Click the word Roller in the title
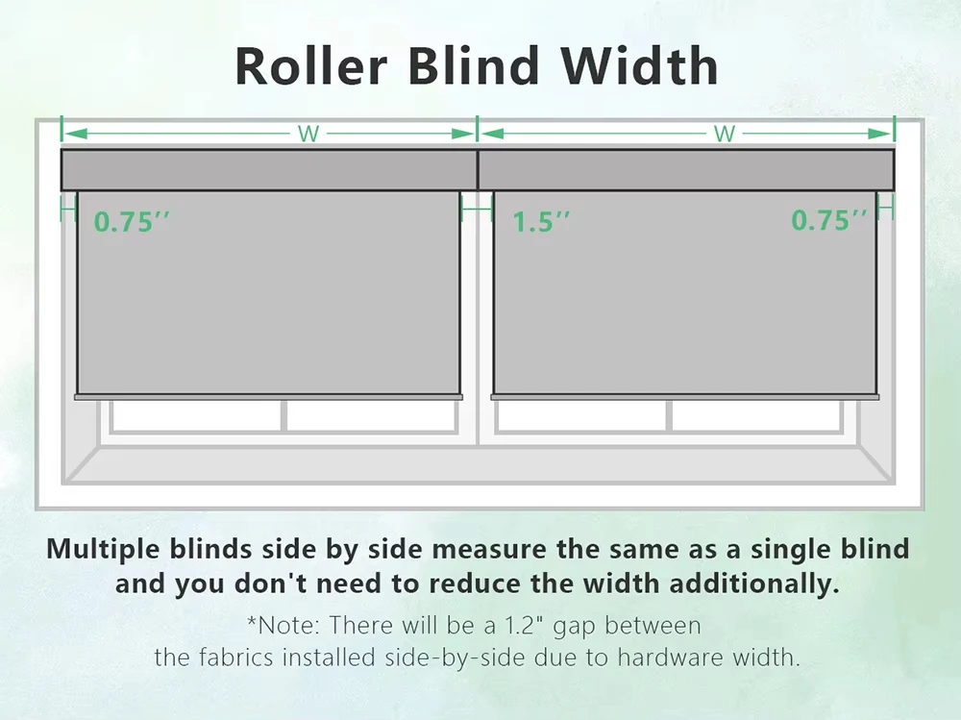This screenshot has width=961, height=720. [x=311, y=65]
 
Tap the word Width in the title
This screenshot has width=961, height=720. [x=639, y=65]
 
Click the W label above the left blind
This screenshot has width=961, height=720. [x=308, y=134]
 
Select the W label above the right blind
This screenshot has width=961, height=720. [x=725, y=134]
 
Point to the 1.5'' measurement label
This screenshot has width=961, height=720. [x=541, y=222]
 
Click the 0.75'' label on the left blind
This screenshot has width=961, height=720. [x=131, y=221]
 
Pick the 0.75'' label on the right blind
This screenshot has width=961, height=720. [x=829, y=220]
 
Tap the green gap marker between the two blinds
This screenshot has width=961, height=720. [x=477, y=210]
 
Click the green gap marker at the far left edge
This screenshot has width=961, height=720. [x=68, y=210]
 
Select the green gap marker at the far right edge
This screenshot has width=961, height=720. [x=886, y=208]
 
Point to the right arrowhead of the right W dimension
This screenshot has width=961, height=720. [x=880, y=134]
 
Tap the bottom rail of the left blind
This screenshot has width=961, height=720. [x=268, y=397]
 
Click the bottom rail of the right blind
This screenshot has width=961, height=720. [x=685, y=397]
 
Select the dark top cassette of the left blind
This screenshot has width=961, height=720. [x=269, y=170]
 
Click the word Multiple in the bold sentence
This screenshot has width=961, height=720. [x=104, y=549]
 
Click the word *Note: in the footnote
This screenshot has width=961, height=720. [x=283, y=625]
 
